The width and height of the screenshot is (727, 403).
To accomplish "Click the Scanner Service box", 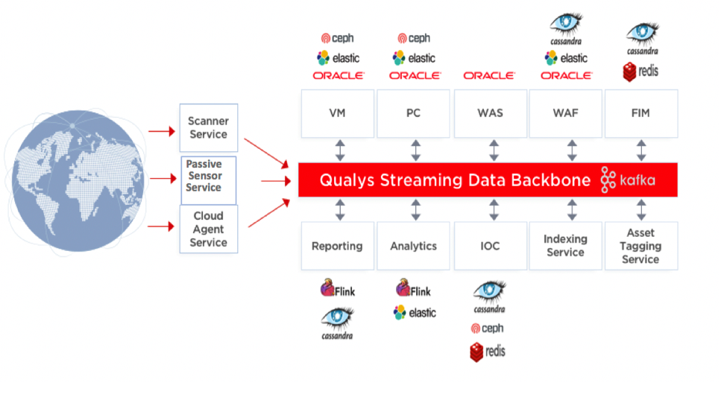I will (208, 127).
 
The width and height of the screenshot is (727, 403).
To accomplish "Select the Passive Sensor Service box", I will (208, 179).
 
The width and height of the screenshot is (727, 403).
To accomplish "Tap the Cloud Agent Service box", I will (208, 229).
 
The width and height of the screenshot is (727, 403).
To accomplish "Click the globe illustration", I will (74, 178).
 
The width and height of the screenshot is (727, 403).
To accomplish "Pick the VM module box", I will (337, 113).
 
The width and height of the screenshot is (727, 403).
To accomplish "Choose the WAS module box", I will (490, 113).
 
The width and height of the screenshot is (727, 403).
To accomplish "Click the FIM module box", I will (641, 113).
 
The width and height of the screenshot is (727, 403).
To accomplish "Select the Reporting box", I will (337, 246).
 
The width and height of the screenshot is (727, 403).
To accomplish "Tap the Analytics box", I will (413, 246).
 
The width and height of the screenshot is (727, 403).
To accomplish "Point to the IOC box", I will (490, 246).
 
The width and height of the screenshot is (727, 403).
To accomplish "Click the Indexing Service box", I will (565, 246).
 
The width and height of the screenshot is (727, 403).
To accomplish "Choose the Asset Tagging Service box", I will (641, 246).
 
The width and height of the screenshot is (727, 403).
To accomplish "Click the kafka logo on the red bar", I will (628, 180).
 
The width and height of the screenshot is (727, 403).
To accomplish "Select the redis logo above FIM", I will (641, 72).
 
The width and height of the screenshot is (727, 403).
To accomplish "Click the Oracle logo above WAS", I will (489, 76).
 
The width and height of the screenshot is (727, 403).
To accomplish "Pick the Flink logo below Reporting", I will (338, 290).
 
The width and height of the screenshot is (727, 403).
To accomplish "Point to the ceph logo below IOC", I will (487, 329).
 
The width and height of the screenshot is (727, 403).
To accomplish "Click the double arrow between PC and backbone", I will (415, 150).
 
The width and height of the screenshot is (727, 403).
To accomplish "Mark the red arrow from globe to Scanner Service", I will (160, 132).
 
